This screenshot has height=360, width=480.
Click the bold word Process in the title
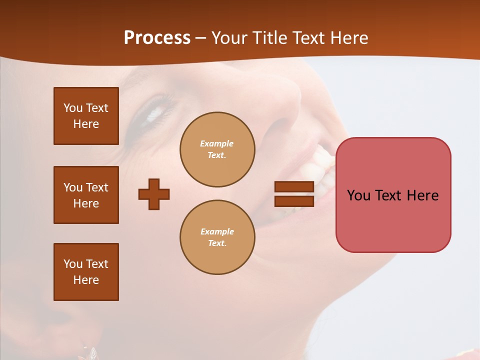[157, 38]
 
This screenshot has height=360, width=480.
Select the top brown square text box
[86, 116]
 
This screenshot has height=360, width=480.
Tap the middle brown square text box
[86, 195]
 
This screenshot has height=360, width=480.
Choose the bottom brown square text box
[86, 272]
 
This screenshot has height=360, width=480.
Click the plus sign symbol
[154, 194]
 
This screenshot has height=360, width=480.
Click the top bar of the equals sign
[294, 186]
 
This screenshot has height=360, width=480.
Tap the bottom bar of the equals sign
[294, 201]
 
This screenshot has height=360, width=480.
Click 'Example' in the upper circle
[216, 143]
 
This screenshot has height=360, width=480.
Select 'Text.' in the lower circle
[217, 243]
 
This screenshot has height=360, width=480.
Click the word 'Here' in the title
[349, 38]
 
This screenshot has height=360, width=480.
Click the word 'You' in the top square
[73, 108]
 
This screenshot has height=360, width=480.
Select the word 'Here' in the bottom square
[86, 280]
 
